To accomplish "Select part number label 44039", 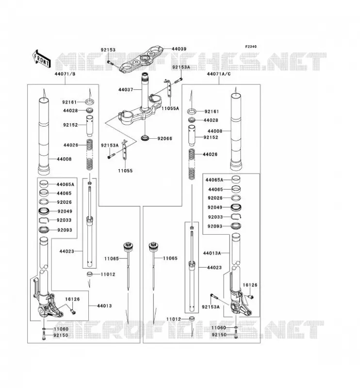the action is pos(179,49).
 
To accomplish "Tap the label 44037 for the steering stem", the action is pos(126,90).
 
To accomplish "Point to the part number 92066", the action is pos(164,139).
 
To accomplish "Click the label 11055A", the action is pos(170,108).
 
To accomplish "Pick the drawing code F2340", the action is pos(251,47).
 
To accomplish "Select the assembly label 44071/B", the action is pos(65,74).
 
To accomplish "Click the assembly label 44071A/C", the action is pos(219,74).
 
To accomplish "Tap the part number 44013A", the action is pos(212,253).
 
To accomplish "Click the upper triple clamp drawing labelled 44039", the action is pos(142,59).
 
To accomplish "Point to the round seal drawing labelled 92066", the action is pos(145,138).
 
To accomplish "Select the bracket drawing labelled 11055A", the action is pos(168,89).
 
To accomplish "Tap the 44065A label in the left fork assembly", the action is pos(65,184).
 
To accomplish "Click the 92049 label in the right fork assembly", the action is pos(215,208).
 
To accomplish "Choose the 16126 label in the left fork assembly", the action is pos(72,299).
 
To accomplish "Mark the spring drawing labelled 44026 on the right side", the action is pos(192,164).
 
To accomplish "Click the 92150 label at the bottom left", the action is pos(61,335).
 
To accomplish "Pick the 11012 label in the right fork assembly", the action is pos(174,319).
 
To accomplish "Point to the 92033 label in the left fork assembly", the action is pos(64,220).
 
